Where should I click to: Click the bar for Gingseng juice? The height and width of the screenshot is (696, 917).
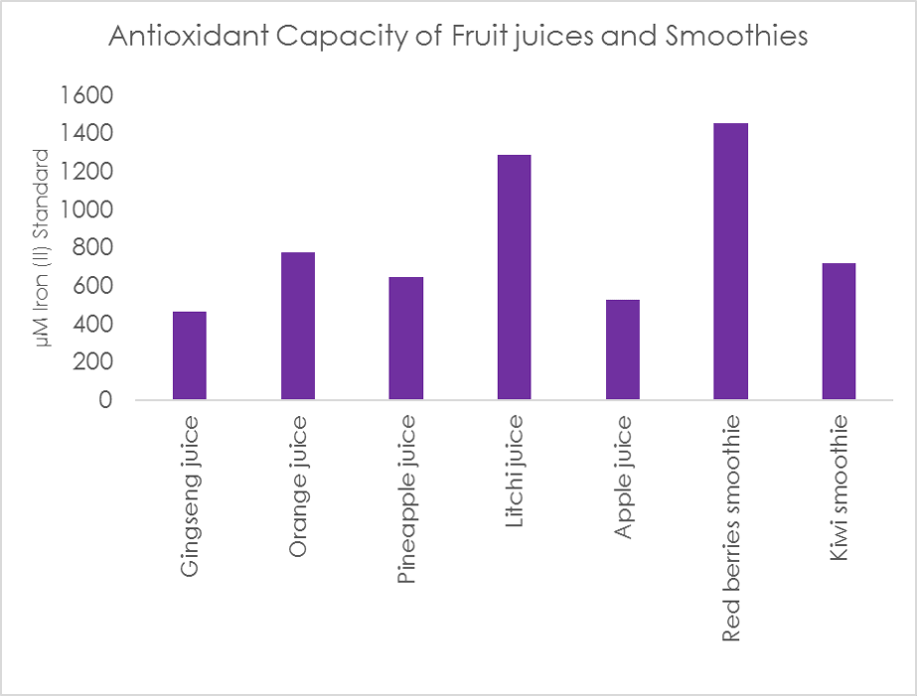190,355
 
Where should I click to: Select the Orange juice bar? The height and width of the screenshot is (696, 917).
298,326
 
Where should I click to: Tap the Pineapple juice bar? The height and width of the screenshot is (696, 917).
406,338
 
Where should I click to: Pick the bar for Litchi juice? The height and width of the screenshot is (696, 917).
515,277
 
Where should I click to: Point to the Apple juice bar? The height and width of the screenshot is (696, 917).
623,349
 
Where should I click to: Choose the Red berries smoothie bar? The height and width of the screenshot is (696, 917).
731,261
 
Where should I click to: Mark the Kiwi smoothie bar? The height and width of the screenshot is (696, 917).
839,331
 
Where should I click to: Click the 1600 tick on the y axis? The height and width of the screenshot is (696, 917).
87,95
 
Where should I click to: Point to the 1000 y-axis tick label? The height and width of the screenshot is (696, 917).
87,210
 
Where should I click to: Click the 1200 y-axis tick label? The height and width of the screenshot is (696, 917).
87,172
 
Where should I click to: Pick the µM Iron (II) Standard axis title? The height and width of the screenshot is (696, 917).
43,247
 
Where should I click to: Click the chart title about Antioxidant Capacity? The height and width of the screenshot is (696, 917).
458,37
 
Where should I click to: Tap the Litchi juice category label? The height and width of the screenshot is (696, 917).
515,473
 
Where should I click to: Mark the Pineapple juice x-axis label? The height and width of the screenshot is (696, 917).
406,500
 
